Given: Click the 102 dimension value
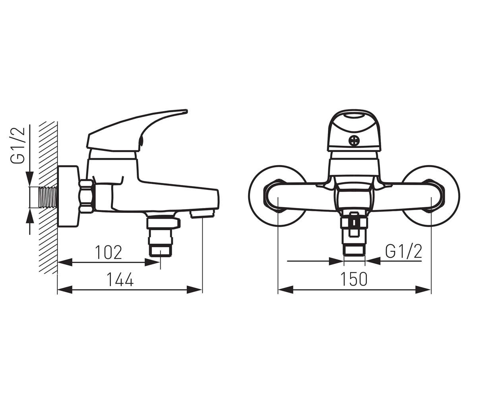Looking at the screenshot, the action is point(108,252).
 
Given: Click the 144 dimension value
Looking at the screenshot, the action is point(120,279).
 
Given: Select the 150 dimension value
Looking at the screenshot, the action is point(354,279).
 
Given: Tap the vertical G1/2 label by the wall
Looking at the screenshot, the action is point(17,145).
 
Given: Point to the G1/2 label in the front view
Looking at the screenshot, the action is point(403,252).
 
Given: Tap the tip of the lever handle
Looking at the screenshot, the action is point(186,111).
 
